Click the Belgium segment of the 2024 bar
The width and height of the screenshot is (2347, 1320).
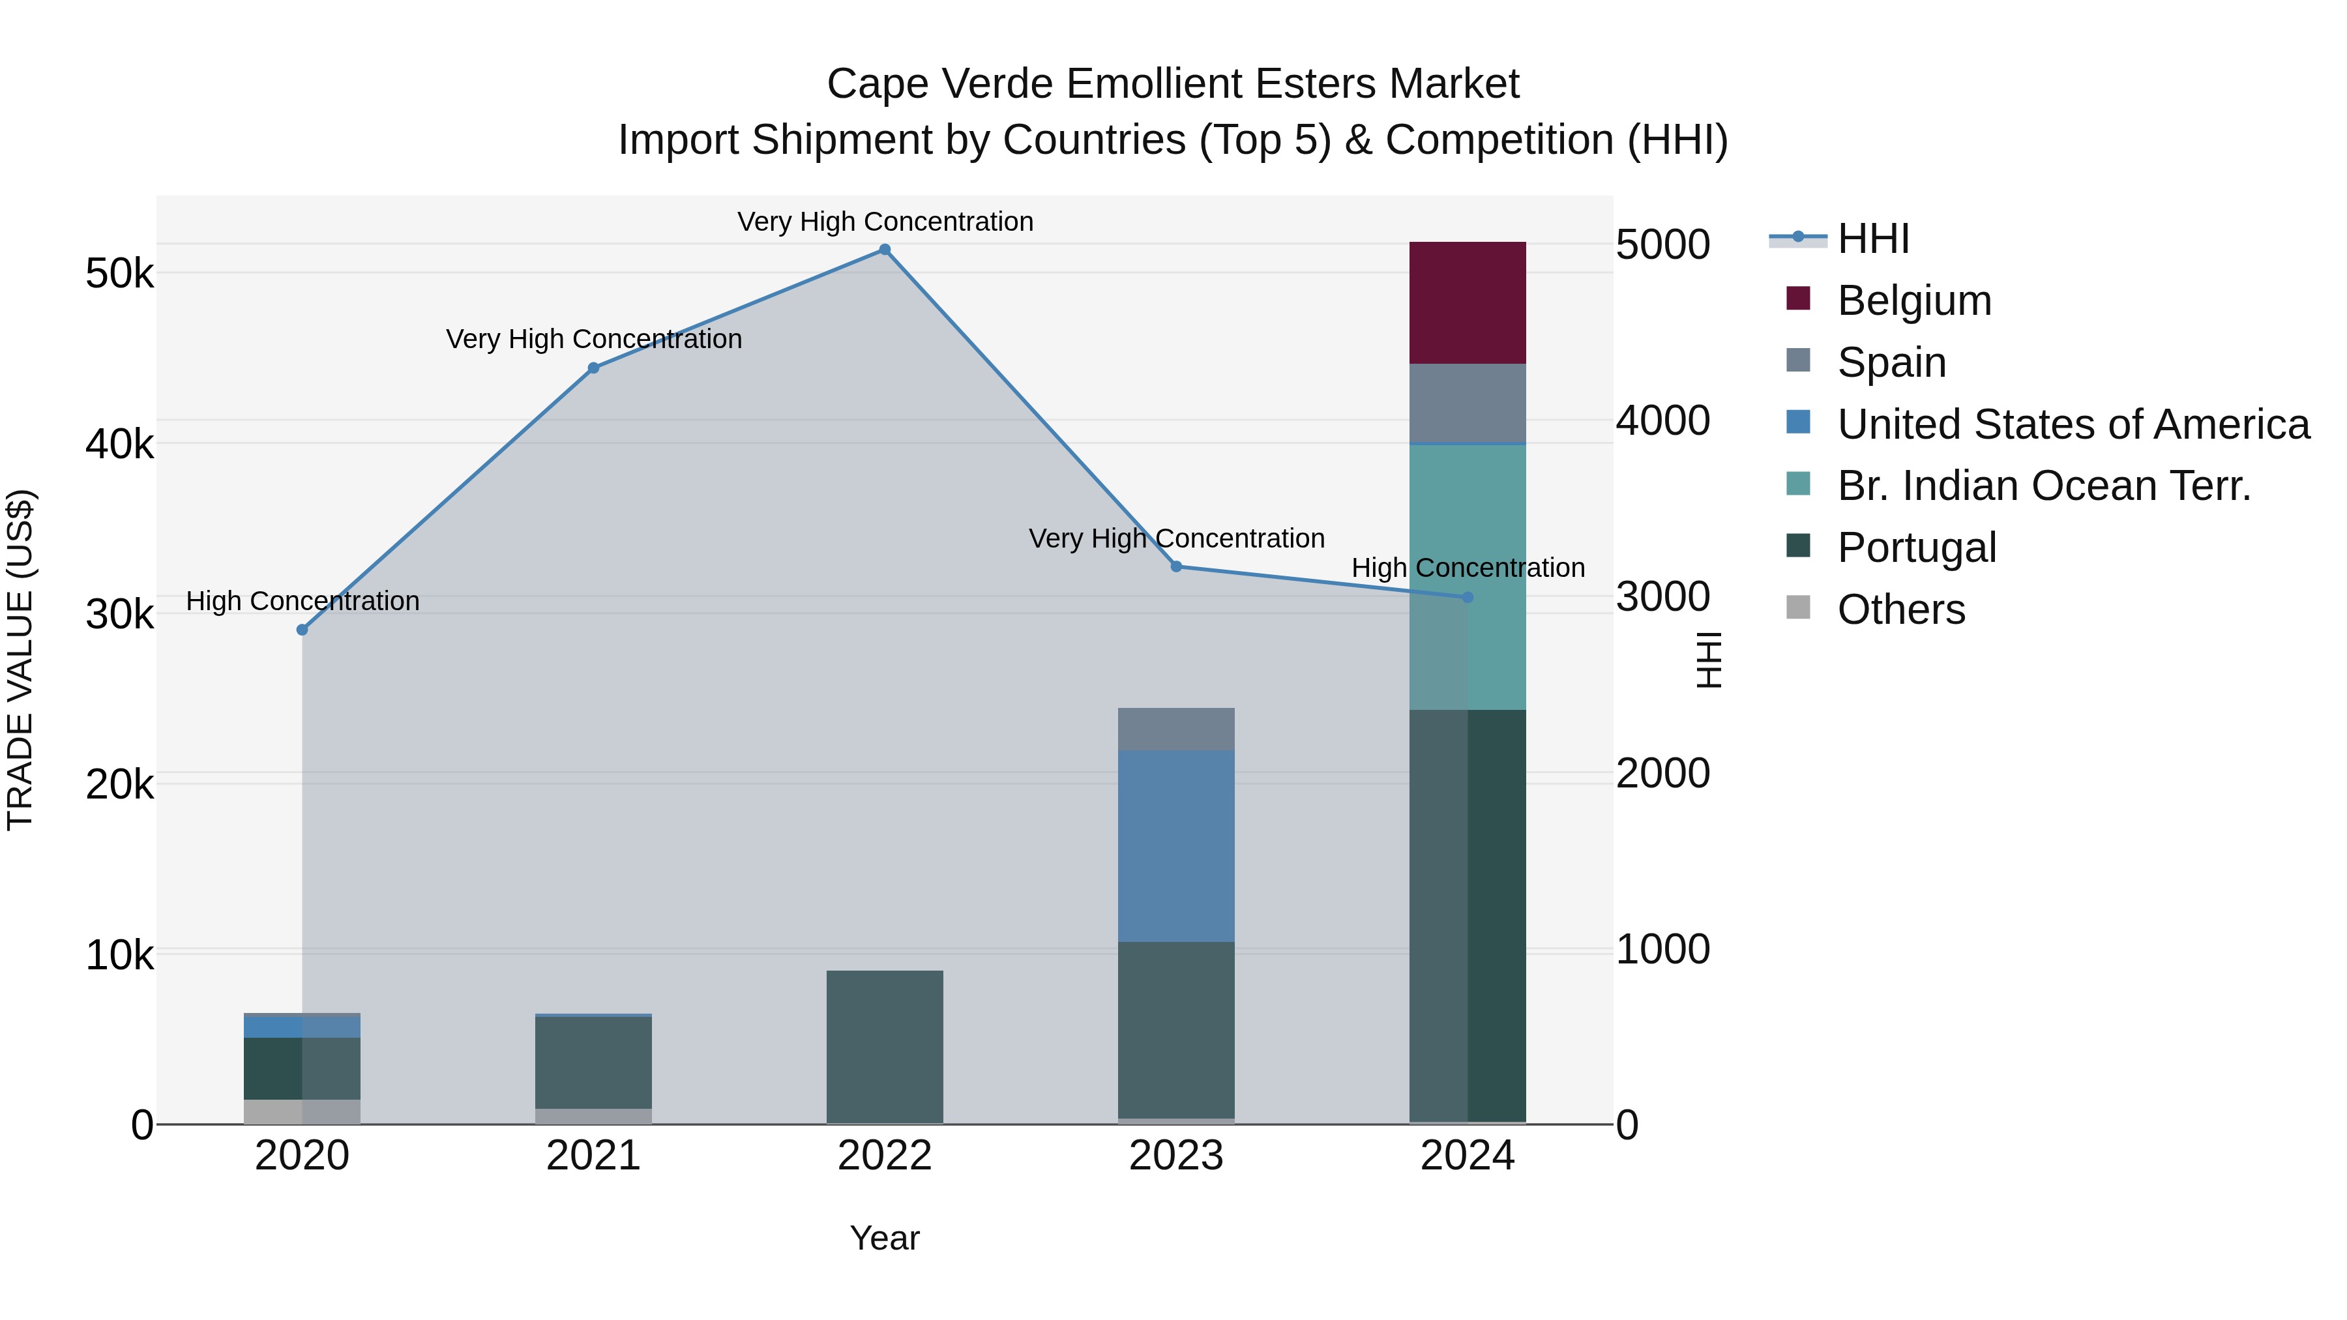pyautogui.click(x=1467, y=302)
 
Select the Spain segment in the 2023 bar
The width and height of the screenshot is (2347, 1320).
pyautogui.click(x=1175, y=729)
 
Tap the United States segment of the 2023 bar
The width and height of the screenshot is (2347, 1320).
pyautogui.click(x=1175, y=845)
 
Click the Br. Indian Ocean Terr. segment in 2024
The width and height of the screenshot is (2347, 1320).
pyautogui.click(x=1467, y=577)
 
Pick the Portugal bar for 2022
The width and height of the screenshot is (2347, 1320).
pyautogui.click(x=885, y=1047)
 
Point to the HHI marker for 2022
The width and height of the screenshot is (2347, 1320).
pyautogui.click(x=885, y=250)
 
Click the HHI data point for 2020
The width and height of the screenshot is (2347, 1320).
pyautogui.click(x=303, y=630)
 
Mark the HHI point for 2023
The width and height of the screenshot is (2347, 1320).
pyautogui.click(x=1176, y=566)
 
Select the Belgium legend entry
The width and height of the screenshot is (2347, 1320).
pyautogui.click(x=1913, y=301)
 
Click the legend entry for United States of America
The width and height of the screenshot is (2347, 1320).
pyautogui.click(x=2073, y=424)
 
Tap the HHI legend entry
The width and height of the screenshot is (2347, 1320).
pyautogui.click(x=1872, y=239)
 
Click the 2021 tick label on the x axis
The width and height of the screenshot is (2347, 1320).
pyautogui.click(x=593, y=1156)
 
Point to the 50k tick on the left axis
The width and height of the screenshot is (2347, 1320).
pyautogui.click(x=119, y=273)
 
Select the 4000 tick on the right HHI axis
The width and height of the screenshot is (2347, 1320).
pyautogui.click(x=1662, y=421)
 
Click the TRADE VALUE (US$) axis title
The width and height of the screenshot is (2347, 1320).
pyautogui.click(x=20, y=660)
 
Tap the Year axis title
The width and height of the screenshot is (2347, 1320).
pyautogui.click(x=885, y=1238)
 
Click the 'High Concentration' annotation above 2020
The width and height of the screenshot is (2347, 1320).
pyautogui.click(x=303, y=601)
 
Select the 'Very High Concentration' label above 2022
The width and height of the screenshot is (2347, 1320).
pyautogui.click(x=885, y=222)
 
